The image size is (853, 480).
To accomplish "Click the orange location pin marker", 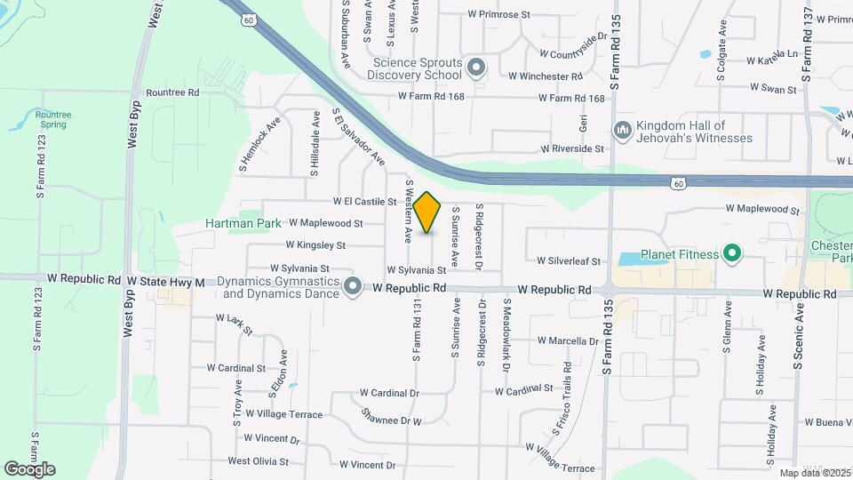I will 427,212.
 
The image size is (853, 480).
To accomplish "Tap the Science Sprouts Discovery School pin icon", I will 476,68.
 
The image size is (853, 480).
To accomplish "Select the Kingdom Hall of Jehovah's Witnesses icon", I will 622,131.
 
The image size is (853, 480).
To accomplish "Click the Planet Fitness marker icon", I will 732,255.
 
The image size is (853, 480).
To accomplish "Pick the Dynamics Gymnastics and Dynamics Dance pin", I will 353,286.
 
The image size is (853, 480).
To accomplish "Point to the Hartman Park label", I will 243,223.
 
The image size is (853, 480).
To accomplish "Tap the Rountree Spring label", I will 53,119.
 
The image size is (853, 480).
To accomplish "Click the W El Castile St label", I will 364,202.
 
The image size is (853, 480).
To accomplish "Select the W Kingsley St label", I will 315,244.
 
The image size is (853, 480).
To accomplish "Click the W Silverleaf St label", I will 569,261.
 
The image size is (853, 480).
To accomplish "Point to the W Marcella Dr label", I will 569,340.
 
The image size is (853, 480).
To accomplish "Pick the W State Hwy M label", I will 165,282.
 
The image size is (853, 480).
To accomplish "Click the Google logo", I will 29,469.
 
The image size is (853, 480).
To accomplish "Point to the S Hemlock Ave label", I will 259,144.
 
